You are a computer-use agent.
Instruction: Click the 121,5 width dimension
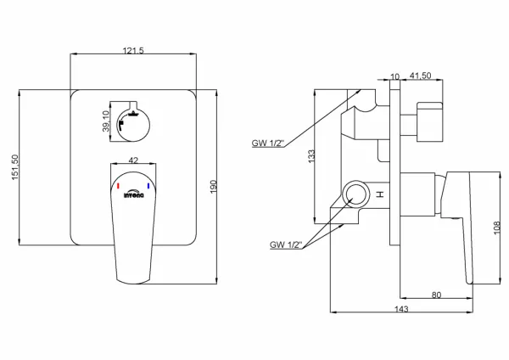(133, 51)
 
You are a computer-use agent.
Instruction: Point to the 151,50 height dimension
(15, 167)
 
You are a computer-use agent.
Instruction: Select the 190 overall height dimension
(213, 187)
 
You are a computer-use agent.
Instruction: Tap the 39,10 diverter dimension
(106, 121)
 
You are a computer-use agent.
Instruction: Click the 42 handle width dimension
(133, 160)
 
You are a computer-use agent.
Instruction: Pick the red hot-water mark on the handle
(118, 186)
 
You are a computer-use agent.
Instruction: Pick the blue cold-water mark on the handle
(148, 186)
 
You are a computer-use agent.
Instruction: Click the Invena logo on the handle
(133, 194)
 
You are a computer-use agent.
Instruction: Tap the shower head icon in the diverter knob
(133, 114)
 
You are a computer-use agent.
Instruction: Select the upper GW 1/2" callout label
(268, 143)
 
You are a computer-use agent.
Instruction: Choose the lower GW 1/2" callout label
(286, 245)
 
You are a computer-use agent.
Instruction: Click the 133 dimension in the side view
(311, 156)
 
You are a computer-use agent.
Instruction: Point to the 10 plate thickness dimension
(394, 76)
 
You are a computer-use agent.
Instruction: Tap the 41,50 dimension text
(421, 76)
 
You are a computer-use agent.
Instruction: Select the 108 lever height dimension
(497, 228)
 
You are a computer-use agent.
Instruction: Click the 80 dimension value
(437, 295)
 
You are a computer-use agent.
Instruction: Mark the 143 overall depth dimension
(401, 309)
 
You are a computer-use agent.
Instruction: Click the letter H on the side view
(380, 194)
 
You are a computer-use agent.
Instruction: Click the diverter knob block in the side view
(429, 122)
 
